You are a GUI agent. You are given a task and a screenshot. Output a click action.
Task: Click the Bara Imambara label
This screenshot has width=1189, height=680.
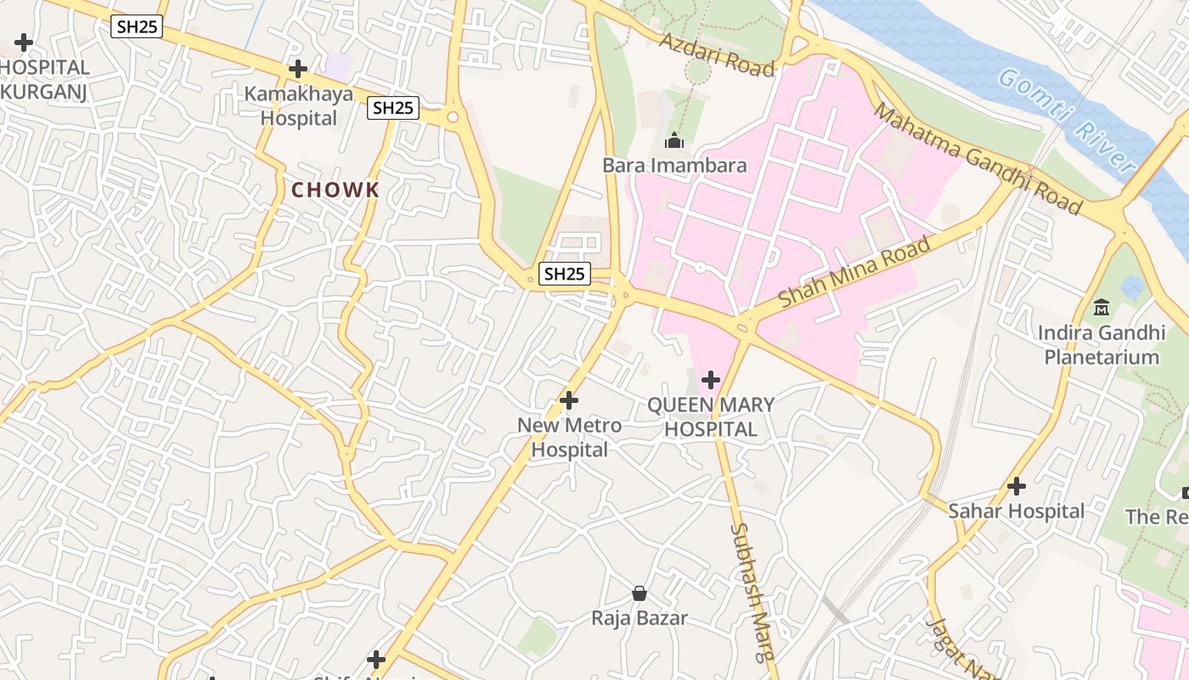click(674, 165)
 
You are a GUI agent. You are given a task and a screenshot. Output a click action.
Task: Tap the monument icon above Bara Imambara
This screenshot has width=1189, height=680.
click(674, 140)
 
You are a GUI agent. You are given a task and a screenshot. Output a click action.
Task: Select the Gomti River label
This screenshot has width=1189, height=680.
click(1066, 120)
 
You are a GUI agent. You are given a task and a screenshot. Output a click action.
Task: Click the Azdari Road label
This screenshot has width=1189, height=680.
click(718, 55)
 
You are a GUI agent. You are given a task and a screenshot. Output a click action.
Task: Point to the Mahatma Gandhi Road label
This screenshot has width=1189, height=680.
click(978, 159)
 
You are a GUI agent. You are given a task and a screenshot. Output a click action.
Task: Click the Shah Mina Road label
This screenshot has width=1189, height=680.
click(854, 273)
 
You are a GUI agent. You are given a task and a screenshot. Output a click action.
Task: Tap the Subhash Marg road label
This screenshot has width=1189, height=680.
click(752, 592)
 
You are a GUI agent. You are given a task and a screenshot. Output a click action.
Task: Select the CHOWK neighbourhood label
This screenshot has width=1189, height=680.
click(335, 190)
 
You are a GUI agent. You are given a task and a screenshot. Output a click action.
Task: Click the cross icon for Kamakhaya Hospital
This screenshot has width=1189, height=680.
click(298, 69)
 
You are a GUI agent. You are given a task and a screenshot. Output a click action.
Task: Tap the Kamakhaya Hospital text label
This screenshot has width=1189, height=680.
click(299, 106)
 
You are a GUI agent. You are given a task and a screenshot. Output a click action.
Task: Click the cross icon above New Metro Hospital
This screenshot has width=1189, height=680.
click(569, 399)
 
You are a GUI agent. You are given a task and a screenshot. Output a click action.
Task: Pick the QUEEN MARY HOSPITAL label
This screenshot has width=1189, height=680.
click(711, 417)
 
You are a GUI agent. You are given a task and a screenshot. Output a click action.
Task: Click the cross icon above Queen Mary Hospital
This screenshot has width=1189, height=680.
click(711, 379)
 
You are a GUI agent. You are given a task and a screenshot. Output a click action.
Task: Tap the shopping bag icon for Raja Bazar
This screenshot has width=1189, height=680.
click(640, 593)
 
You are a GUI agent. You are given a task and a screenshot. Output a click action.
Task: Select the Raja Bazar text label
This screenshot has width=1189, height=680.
click(640, 618)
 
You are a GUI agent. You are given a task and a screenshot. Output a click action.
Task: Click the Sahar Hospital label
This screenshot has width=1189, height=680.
click(1017, 511)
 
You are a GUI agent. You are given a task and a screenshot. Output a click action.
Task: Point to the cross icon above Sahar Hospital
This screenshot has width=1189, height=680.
click(1017, 486)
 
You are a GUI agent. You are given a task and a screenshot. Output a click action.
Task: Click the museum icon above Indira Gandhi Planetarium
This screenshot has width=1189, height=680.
click(1102, 307)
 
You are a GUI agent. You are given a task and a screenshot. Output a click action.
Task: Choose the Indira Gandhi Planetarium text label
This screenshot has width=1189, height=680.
click(1102, 344)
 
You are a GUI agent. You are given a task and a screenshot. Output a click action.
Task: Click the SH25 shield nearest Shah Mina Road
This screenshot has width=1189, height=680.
click(565, 274)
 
